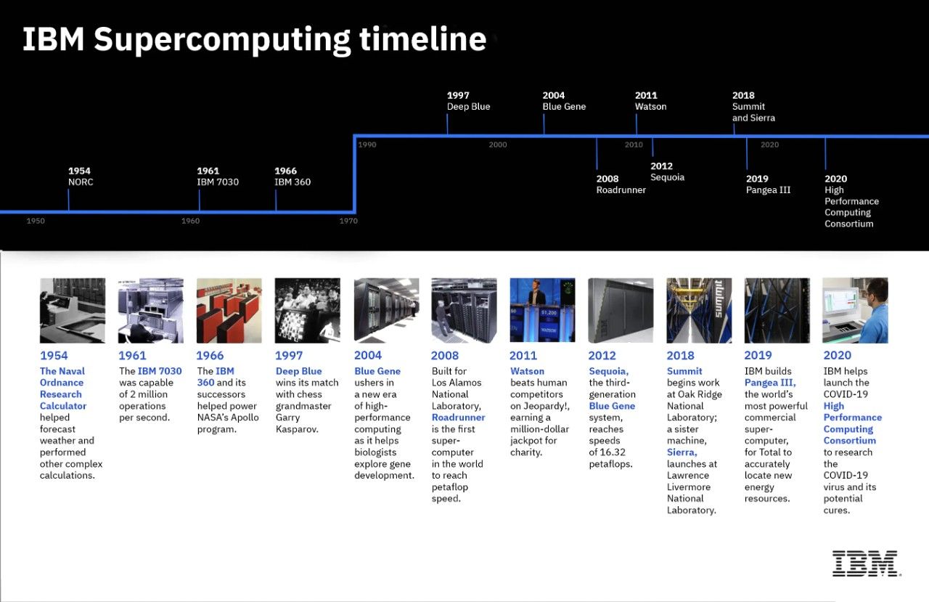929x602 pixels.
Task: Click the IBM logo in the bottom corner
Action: [866, 564]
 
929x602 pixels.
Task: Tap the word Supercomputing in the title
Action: [222, 39]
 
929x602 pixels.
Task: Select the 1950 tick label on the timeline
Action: [36, 221]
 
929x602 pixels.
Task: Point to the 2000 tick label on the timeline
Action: [498, 145]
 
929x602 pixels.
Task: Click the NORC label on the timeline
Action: [81, 182]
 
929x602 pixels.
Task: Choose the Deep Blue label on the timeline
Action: [468, 106]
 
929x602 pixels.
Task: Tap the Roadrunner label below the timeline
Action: [621, 190]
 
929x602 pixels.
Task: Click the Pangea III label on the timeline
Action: [768, 190]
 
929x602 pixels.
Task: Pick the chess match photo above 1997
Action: [307, 310]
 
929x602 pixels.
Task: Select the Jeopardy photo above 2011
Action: [542, 310]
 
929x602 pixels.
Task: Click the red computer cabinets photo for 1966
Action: [229, 310]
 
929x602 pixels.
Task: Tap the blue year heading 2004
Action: [367, 355]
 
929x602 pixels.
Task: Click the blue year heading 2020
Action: [837, 355]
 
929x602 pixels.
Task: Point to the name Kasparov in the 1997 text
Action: [297, 429]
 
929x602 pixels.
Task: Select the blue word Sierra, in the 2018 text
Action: [682, 452]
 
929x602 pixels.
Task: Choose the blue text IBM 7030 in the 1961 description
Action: [160, 371]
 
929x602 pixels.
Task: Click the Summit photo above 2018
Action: [699, 310]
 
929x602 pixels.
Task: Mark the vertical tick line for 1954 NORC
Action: [68, 200]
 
